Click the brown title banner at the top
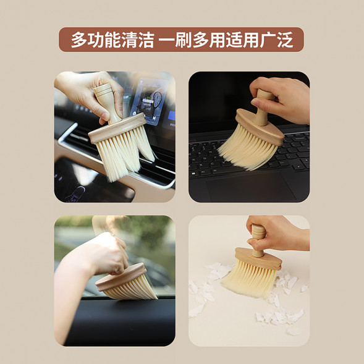click(x=181, y=40)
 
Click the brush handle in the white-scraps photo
click(x=258, y=239)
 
